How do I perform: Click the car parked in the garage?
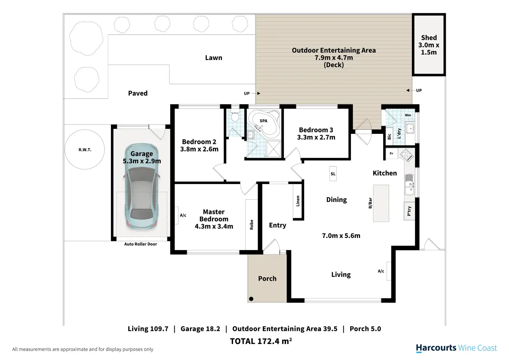[141, 187]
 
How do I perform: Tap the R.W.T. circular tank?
[85, 149]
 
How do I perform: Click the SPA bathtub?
[264, 124]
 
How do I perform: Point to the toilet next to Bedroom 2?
[235, 116]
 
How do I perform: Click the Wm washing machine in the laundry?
[408, 115]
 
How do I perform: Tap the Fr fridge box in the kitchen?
[391, 154]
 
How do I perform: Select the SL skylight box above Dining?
[333, 174]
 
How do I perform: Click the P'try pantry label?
[409, 211]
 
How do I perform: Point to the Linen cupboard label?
[298, 201]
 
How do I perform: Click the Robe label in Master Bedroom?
[251, 224]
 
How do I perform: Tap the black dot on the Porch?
[251, 299]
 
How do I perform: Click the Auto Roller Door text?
[140, 244]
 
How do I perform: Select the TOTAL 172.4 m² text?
[261, 341]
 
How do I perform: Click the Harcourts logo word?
[436, 348]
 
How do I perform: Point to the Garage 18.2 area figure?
[200, 329]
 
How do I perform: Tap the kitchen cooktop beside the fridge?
[407, 155]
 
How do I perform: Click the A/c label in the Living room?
[381, 271]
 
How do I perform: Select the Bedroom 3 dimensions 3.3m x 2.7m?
[316, 137]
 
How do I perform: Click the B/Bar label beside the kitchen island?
[370, 203]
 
